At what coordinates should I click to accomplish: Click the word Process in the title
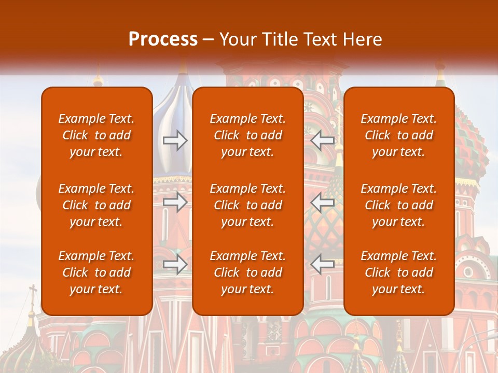163,39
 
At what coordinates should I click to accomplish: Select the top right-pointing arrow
175,140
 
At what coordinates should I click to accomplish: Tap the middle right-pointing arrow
175,202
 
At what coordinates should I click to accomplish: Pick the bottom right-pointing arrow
175,264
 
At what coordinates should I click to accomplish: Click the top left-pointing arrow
322,140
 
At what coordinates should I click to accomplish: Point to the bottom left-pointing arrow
322,264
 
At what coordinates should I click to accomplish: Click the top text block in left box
96,135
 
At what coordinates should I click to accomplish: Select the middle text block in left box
96,205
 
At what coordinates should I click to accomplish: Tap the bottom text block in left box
96,272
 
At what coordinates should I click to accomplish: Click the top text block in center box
247,135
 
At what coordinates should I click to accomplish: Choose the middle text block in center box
247,205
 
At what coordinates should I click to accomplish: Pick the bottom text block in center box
247,272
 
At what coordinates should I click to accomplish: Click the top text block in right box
398,135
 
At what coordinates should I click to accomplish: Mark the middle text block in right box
398,205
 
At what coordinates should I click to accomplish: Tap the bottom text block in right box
398,272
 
